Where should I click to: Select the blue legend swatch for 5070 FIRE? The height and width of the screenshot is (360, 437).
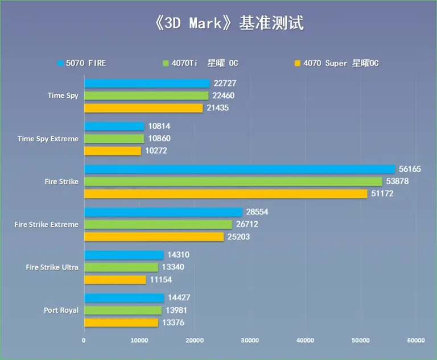pos(60,63)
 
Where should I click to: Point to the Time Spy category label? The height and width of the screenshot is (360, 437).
pos(63,96)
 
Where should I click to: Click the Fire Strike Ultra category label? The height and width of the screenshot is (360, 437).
pos(52,267)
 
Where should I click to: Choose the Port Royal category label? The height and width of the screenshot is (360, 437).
pos(61,310)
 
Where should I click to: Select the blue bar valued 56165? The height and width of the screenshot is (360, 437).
pos(239,169)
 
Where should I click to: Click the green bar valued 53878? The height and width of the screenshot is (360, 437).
pos(233,181)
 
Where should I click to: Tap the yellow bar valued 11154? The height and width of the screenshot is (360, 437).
pos(115,280)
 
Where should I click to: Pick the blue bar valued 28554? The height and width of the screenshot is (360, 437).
pos(163,212)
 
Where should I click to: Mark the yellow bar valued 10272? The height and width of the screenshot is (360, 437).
pos(112,151)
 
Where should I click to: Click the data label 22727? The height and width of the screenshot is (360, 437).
pos(225,83)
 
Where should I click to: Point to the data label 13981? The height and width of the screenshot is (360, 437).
pos(176,311)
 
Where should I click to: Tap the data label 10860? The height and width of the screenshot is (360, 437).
pos(159,139)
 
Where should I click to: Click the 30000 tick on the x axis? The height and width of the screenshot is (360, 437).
pos(250,341)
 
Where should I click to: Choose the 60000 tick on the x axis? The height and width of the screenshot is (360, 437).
pos(415,341)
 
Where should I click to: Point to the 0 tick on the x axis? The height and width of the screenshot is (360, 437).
pos(84,341)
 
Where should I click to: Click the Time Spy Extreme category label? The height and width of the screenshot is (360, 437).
pos(48,139)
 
